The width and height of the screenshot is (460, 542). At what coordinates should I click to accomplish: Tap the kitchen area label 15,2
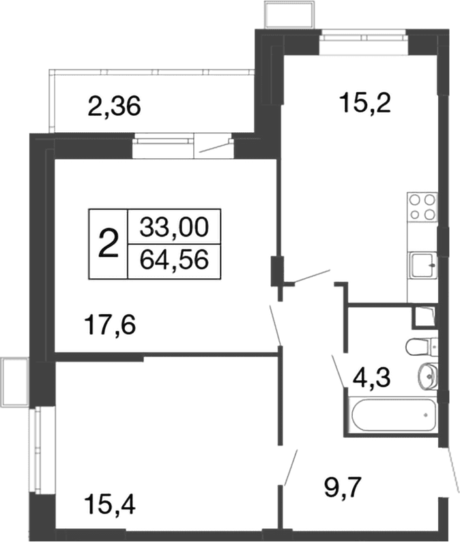point(365,103)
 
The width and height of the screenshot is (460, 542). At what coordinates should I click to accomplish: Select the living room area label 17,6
point(110,325)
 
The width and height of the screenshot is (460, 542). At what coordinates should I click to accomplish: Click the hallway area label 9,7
point(343,488)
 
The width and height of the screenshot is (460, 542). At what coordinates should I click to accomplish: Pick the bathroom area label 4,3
point(372,377)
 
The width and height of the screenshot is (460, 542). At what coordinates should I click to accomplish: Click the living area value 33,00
point(174,227)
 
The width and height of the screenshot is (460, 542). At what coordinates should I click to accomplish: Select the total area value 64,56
point(174,260)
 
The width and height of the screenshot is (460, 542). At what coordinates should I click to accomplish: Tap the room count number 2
point(109,244)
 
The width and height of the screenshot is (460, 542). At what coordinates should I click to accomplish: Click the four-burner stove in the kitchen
point(422,207)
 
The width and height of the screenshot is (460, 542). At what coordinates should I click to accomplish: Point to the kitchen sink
point(422,265)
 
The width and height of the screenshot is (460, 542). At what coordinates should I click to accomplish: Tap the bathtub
point(392,415)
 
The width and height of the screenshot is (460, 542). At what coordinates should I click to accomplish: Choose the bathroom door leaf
point(337,371)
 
